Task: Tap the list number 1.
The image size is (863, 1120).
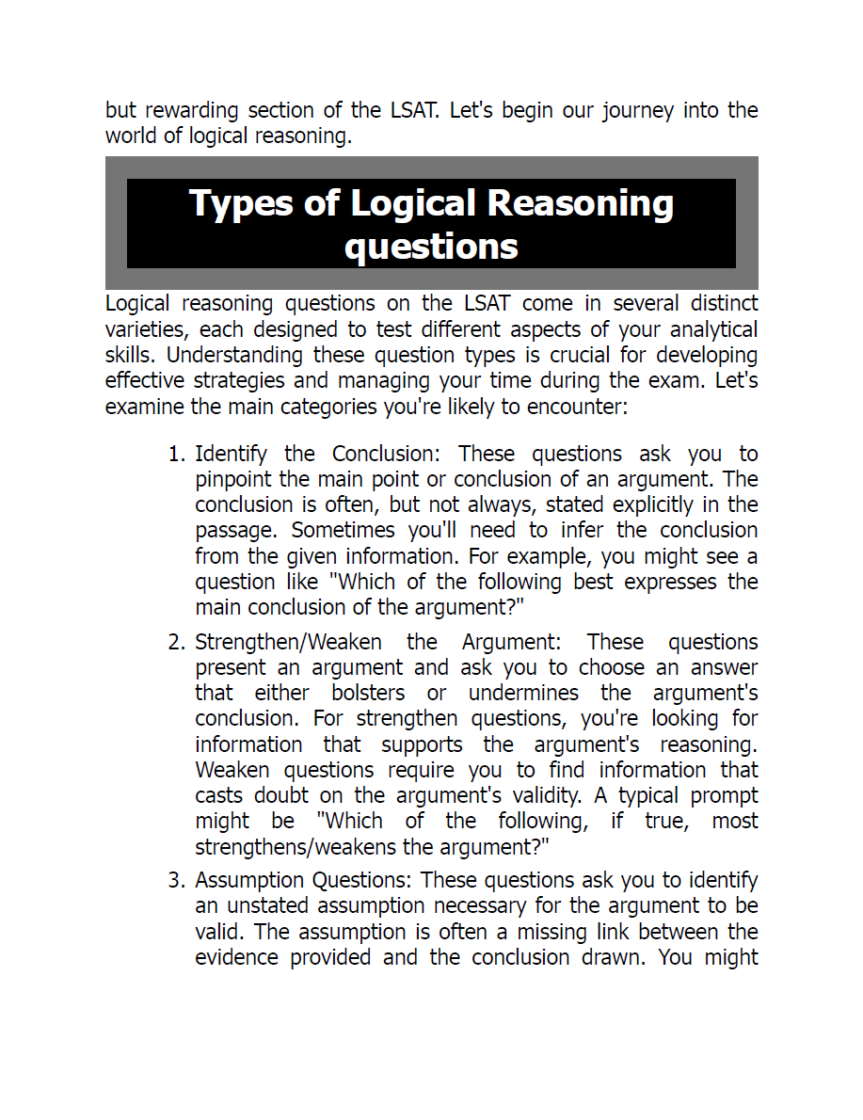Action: tap(175, 455)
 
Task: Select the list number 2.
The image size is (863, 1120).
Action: tap(175, 643)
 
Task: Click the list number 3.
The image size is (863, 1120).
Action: tap(175, 881)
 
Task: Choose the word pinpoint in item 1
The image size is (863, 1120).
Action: tap(233, 480)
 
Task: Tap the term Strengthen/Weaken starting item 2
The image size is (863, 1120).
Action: tap(288, 643)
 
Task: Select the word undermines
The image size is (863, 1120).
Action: tap(523, 694)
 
